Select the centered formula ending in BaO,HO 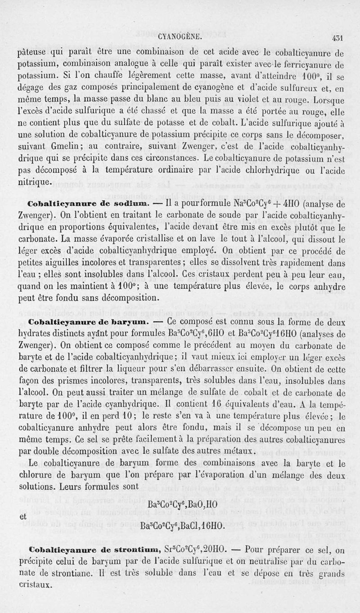pos(182,504)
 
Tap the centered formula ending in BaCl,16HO pos(182,526)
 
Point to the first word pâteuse pos(39,51)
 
